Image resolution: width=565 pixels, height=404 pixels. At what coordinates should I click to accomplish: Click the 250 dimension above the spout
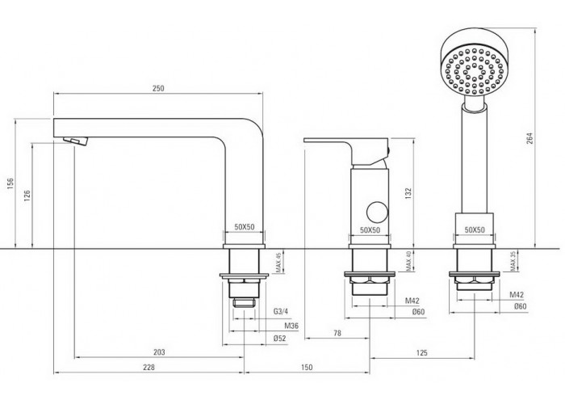pyautogui.click(x=158, y=88)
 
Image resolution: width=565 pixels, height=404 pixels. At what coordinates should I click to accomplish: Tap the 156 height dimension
pyautogui.click(x=10, y=183)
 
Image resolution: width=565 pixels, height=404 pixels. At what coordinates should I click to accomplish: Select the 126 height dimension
pyautogui.click(x=27, y=196)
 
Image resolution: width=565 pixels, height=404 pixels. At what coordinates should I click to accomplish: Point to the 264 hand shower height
pyautogui.click(x=529, y=138)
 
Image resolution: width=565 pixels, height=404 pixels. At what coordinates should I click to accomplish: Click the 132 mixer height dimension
pyautogui.click(x=408, y=193)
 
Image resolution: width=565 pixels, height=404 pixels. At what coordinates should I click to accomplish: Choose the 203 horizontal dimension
pyautogui.click(x=159, y=351)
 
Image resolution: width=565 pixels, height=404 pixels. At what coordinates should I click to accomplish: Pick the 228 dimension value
pyautogui.click(x=149, y=367)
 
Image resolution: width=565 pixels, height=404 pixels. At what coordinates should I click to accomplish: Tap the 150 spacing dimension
pyautogui.click(x=306, y=367)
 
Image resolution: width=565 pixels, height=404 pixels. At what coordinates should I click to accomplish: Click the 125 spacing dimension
pyautogui.click(x=421, y=352)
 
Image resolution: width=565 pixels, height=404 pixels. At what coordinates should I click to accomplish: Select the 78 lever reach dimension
pyautogui.click(x=337, y=333)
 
